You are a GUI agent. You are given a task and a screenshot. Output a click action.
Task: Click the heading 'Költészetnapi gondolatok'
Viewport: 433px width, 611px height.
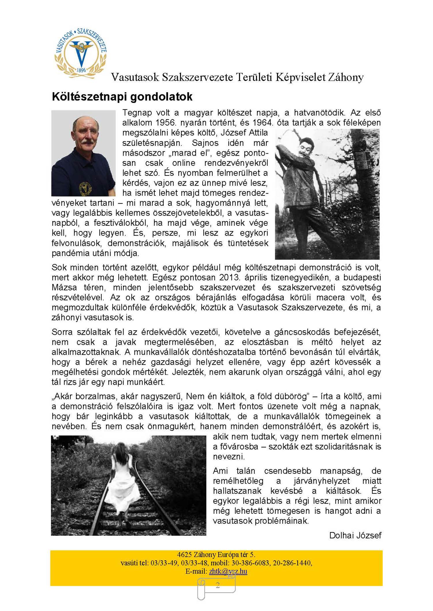tap(122, 97)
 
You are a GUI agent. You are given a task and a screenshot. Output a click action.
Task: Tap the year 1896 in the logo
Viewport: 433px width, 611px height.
tap(81, 70)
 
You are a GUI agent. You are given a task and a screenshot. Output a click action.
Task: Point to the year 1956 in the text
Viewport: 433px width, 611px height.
tap(166, 123)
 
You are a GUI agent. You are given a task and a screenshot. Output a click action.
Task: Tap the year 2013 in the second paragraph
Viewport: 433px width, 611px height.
tap(230, 277)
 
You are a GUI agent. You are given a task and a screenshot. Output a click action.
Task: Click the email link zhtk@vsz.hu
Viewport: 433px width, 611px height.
tap(228, 571)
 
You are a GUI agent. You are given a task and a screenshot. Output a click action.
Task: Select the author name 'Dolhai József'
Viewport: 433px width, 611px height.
tap(355, 535)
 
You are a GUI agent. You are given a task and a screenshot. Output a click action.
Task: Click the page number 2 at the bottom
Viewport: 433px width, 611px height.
tap(218, 585)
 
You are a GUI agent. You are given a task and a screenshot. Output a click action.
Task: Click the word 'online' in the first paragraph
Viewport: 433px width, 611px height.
tap(184, 163)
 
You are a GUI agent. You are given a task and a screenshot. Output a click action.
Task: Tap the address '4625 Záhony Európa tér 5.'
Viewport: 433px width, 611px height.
tap(216, 555)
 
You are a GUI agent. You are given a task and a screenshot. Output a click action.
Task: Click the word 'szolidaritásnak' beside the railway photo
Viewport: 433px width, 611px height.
tap(341, 446)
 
